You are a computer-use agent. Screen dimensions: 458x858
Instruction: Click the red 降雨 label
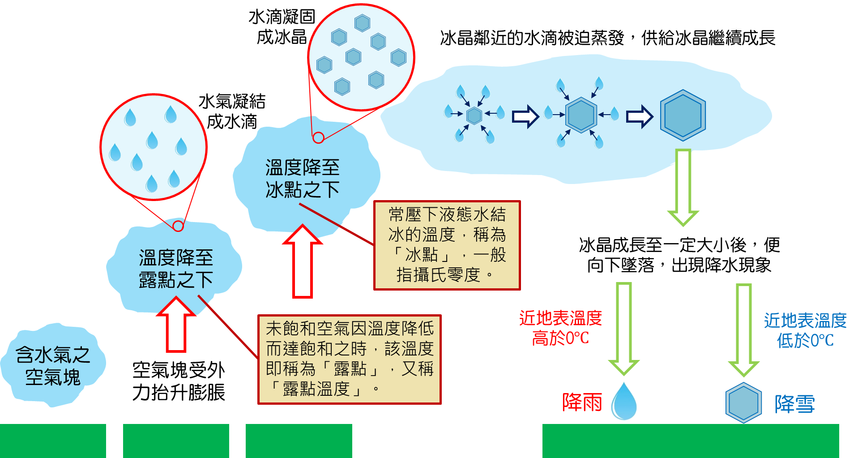tap(582, 402)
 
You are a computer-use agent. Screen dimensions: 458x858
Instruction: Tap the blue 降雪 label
tap(794, 404)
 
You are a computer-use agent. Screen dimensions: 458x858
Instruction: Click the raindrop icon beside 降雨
tap(624, 401)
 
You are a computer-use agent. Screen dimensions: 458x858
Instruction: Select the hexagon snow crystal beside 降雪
tap(743, 402)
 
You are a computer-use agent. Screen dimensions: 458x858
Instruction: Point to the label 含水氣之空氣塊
tap(53, 366)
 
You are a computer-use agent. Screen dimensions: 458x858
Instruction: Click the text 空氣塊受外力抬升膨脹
tap(179, 381)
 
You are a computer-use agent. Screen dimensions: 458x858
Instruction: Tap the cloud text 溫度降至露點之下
tap(176, 269)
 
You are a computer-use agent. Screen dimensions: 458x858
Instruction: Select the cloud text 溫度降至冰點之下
tap(303, 179)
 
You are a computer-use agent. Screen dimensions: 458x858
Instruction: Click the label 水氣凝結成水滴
tap(232, 111)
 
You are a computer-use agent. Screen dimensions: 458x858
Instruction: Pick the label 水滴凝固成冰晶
tap(282, 27)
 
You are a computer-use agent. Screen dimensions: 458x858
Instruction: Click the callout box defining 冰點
tap(447, 245)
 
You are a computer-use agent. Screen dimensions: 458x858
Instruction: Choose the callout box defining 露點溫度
tap(350, 360)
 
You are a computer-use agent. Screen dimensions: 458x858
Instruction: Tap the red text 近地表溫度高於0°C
tap(560, 328)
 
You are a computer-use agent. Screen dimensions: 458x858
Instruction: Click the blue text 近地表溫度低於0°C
tap(805, 330)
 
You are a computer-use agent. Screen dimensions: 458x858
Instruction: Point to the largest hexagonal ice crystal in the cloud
tap(683, 115)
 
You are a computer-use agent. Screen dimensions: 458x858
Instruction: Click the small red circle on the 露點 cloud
tap(178, 226)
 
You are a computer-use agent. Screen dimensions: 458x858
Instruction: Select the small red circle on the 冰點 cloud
tap(318, 137)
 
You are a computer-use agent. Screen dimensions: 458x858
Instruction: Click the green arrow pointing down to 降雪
tap(743, 329)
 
